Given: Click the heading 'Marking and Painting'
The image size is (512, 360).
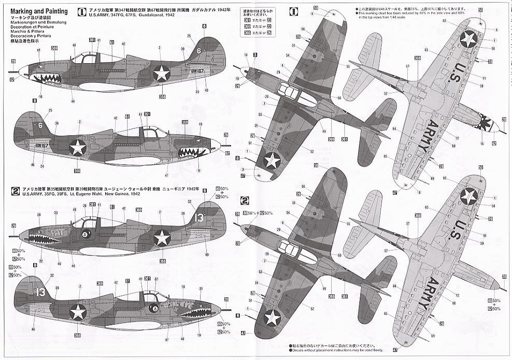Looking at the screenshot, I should (x=38, y=11).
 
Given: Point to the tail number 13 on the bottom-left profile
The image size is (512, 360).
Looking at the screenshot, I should (x=41, y=292).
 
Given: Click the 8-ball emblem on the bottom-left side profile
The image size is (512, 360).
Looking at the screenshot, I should (x=154, y=309).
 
